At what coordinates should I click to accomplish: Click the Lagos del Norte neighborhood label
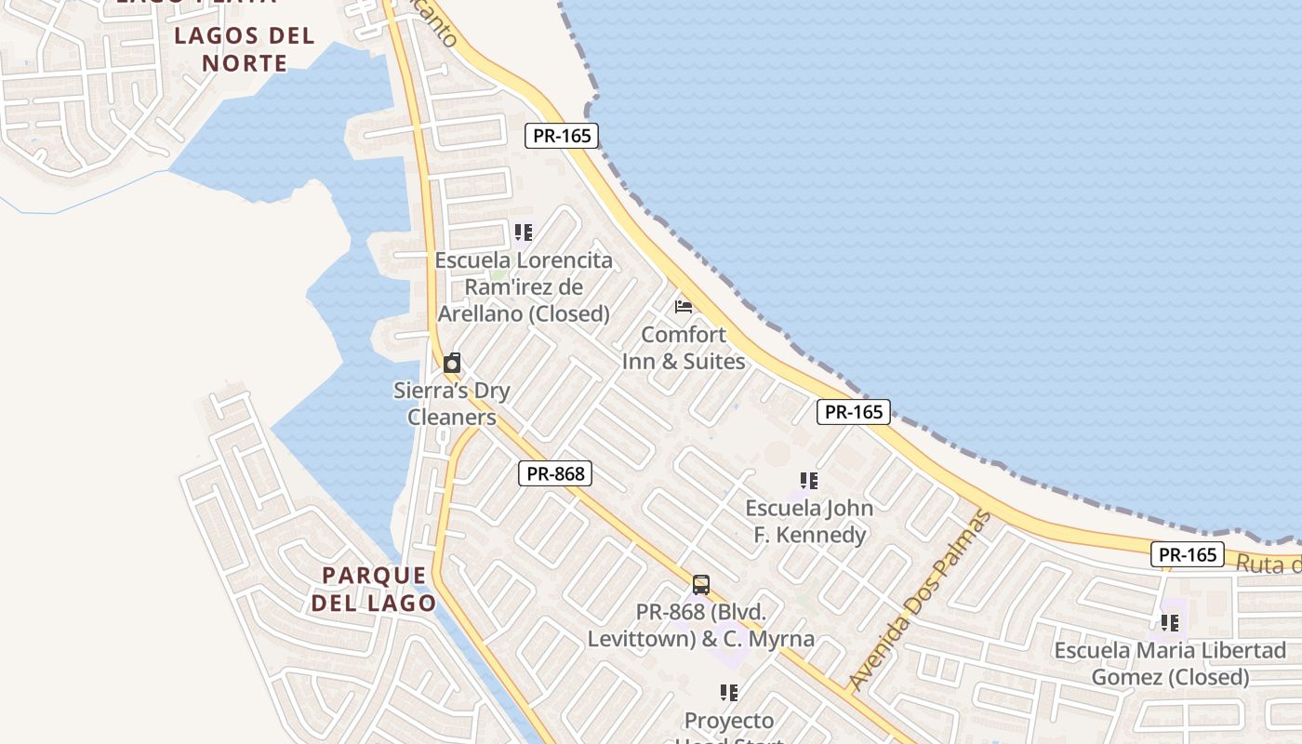tap(245, 49)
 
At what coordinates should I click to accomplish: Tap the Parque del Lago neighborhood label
tap(373, 589)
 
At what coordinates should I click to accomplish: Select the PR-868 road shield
tap(555, 474)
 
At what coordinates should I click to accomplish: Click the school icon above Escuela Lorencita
tap(524, 232)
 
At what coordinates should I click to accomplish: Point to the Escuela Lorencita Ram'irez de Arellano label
tap(524, 286)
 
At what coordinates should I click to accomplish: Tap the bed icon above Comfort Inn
tap(684, 306)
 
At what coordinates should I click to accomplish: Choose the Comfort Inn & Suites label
tap(684, 348)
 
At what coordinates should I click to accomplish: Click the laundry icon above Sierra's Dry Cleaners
tap(452, 363)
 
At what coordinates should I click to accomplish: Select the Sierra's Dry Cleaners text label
tap(452, 404)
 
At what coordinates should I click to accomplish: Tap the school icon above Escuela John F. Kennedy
tap(809, 481)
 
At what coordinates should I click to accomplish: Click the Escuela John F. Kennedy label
tap(809, 522)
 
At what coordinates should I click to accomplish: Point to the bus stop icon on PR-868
tap(701, 585)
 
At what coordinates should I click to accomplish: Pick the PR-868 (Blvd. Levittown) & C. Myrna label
tap(701, 626)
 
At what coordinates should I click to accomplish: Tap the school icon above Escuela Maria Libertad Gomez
tap(1169, 622)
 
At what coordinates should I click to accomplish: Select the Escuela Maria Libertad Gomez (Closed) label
tap(1169, 663)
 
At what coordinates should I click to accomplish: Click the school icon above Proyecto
tap(729, 693)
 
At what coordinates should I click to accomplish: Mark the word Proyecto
tap(729, 721)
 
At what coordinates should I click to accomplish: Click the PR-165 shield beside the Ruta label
tap(1188, 555)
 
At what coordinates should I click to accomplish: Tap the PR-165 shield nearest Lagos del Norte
tap(562, 136)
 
